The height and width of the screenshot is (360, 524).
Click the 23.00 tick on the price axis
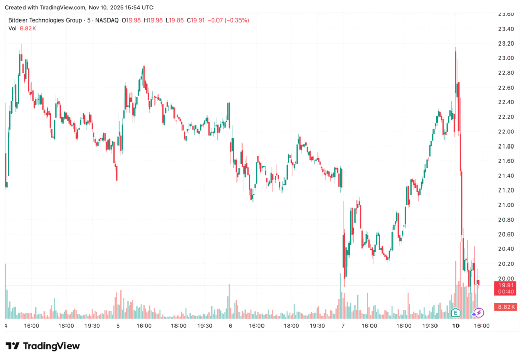click(506, 58)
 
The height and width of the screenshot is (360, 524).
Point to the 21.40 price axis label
click(506, 176)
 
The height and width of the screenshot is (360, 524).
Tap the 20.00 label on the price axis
click(506, 278)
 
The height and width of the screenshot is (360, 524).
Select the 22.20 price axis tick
click(506, 117)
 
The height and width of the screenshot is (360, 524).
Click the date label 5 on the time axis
click(118, 326)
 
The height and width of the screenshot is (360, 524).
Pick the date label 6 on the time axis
click(231, 326)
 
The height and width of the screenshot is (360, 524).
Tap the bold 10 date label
click(456, 326)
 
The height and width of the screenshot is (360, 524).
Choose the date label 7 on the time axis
click(343, 326)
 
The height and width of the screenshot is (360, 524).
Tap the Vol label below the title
click(13, 28)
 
